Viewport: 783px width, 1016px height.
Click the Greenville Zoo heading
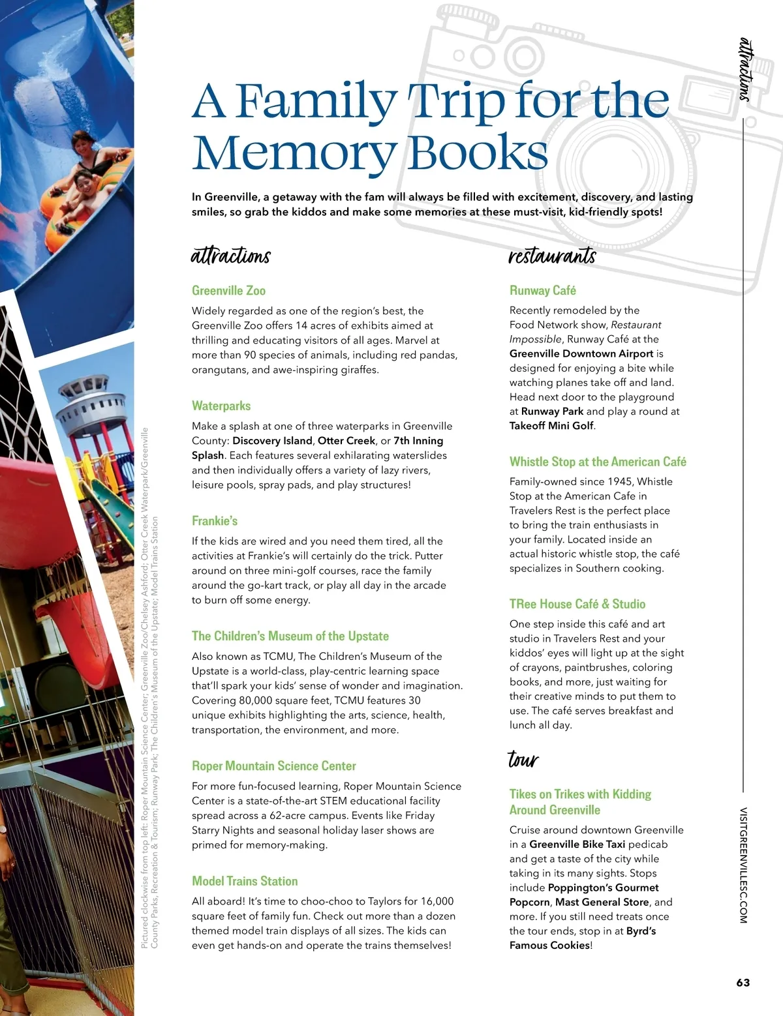coord(228,291)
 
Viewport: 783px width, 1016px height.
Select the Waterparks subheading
coord(221,406)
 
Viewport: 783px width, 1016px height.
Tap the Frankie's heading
coord(215,521)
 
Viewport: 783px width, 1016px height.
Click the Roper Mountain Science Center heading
coord(274,766)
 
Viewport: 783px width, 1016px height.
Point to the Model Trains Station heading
coord(245,882)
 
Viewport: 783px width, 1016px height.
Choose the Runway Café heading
coord(543,291)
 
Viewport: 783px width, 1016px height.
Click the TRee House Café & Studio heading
coord(577,605)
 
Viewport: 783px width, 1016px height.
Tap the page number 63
coord(743,983)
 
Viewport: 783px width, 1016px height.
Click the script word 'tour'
coord(523,760)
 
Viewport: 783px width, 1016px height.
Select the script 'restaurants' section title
coord(552,256)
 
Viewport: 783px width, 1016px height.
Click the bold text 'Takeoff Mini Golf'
coord(551,426)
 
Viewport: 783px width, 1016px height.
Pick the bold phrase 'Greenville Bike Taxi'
coord(577,844)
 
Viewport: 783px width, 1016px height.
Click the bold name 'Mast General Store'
coord(602,903)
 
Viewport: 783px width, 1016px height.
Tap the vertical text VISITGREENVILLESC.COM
coord(743,865)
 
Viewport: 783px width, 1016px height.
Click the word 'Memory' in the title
coord(294,153)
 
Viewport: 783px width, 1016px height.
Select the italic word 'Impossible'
coord(535,339)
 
